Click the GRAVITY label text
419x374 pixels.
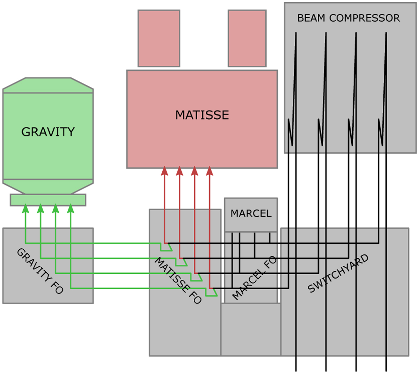[48, 132]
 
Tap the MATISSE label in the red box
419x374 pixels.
[202, 115]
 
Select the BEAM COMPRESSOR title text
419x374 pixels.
[348, 18]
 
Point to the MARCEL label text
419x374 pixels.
[251, 213]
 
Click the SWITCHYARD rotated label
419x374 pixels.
[338, 273]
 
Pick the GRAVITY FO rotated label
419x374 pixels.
[40, 271]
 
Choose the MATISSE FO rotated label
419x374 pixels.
[178, 280]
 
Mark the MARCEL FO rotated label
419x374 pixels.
[254, 278]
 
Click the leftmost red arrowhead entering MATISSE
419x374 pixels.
[164, 171]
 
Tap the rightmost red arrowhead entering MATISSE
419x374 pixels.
[209, 171]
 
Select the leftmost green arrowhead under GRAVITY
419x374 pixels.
[25, 208]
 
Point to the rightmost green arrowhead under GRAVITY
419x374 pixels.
[71, 208]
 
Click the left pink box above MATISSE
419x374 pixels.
[159, 38]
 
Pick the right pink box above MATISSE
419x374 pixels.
[247, 38]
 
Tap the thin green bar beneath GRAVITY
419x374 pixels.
[48, 200]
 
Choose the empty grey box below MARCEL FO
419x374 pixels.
[251, 329]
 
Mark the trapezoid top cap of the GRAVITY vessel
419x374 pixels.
[48, 85]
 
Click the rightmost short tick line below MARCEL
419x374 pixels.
[270, 237]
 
